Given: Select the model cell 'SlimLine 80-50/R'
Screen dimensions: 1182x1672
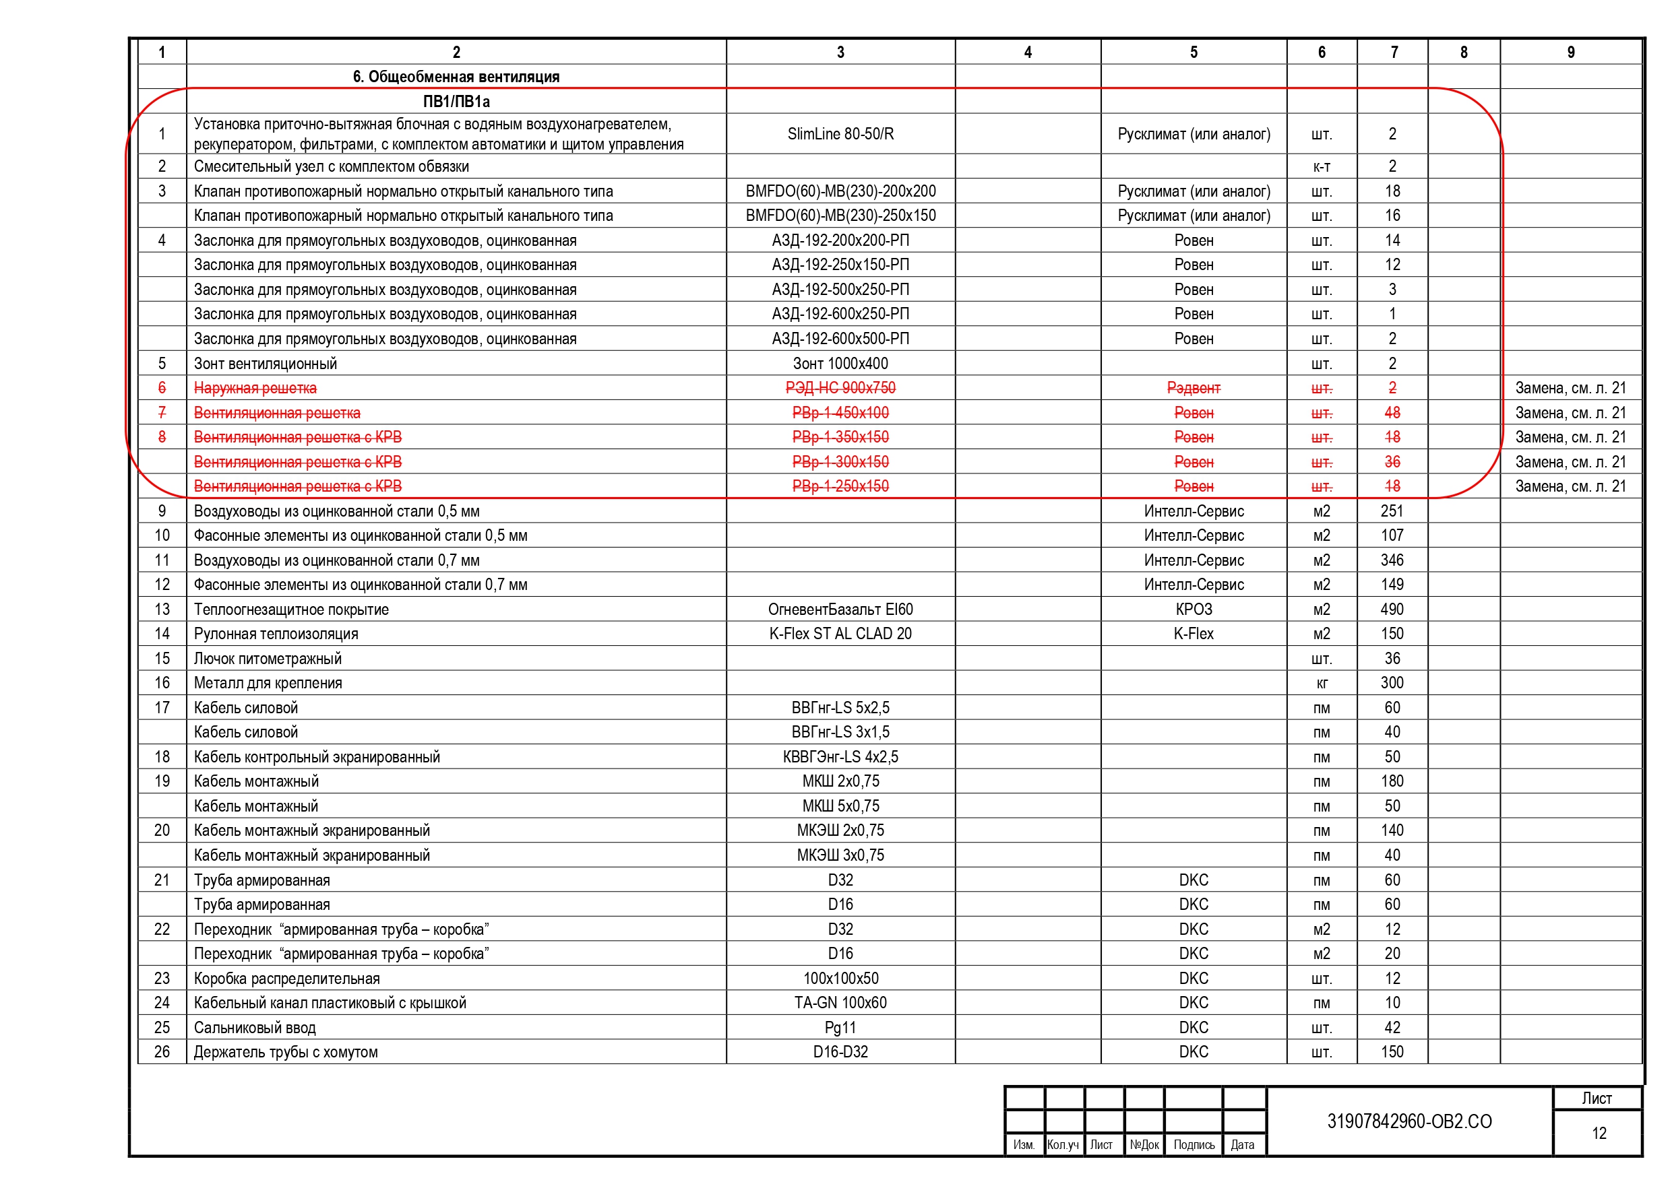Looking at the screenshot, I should tap(840, 134).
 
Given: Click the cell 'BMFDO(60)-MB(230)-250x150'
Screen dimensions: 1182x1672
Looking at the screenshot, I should tap(840, 216).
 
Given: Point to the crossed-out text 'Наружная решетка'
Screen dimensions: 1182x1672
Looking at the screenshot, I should tap(255, 388).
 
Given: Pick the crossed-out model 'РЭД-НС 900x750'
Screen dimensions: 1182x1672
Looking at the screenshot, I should tap(840, 388).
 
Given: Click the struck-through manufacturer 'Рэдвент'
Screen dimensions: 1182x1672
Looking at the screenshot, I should tap(1193, 388).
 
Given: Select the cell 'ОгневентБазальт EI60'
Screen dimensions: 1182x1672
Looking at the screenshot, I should tap(840, 610).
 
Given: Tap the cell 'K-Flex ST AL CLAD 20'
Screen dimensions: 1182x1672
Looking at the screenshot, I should tap(840, 633).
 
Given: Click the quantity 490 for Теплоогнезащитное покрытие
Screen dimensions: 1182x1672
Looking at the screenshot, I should tap(1392, 610).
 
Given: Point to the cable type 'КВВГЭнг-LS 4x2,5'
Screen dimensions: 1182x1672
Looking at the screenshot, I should tap(840, 757).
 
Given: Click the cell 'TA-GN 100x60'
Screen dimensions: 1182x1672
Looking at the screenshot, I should tap(840, 1002).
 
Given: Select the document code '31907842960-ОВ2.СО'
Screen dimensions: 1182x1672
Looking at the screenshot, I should tap(1409, 1121).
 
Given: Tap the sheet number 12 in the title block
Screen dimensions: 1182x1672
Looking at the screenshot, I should tap(1599, 1133).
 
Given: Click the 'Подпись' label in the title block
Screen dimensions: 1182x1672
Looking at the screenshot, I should tap(1194, 1145).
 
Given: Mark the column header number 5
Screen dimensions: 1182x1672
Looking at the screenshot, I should tap(1194, 53).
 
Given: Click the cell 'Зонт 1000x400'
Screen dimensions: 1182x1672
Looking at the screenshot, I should tap(840, 363).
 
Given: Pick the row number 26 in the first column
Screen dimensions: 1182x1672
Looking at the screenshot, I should tap(162, 1052).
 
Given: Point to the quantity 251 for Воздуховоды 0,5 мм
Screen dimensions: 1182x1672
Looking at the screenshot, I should tap(1392, 511).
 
